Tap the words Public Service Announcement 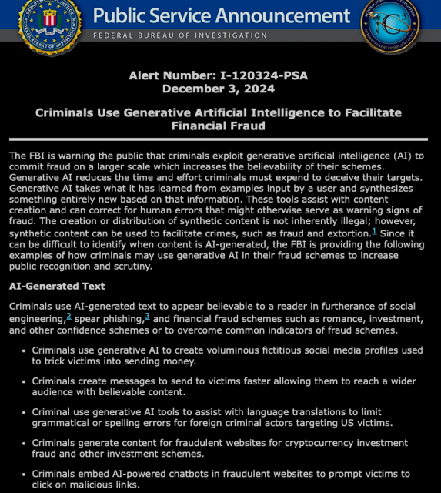click(221, 15)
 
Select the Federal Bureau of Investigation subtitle click(180, 35)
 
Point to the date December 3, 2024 click(219, 89)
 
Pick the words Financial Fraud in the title click(219, 126)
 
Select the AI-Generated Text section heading click(57, 286)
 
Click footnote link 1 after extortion click(374, 231)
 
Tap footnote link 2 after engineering click(68, 316)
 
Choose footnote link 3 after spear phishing click(147, 316)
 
